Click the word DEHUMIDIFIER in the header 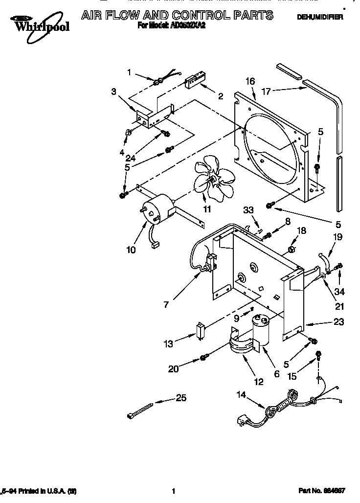[x=320, y=17]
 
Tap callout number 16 [x=250, y=81]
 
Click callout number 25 [x=181, y=398]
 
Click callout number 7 [x=166, y=304]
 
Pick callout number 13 [x=168, y=344]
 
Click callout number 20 [x=174, y=369]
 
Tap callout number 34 [x=339, y=292]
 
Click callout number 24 [x=130, y=158]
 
